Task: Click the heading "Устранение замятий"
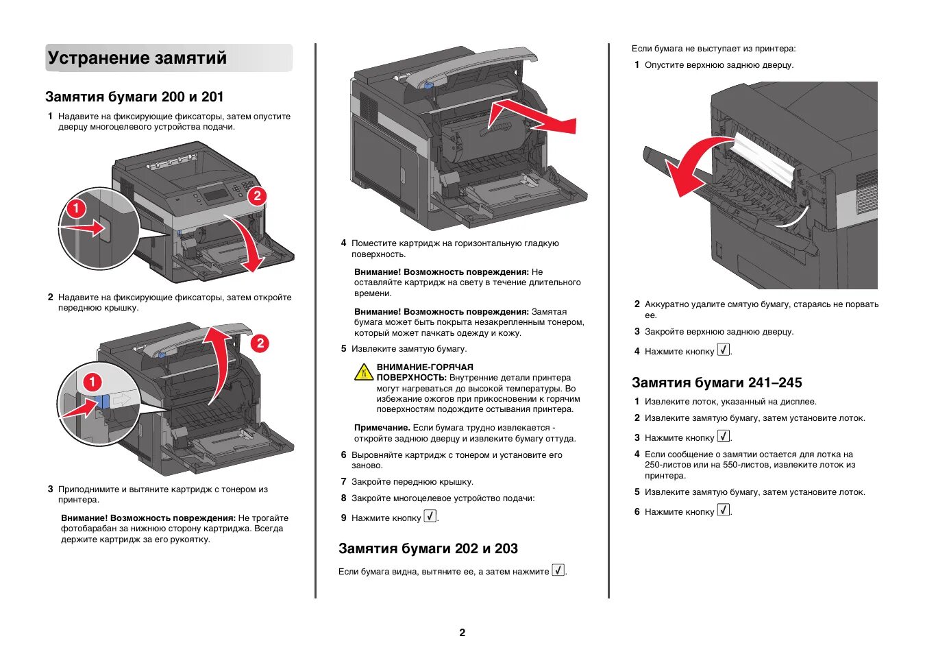click(x=137, y=58)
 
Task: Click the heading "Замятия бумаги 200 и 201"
click(x=134, y=97)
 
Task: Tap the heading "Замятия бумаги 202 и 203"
click(x=428, y=548)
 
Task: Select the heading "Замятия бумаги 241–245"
click(x=716, y=383)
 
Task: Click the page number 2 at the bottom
click(x=462, y=632)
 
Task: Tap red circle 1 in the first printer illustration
click(x=75, y=208)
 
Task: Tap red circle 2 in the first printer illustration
click(x=256, y=196)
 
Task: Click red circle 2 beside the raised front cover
click(x=260, y=343)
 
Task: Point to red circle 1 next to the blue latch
click(x=92, y=382)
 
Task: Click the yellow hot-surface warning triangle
click(x=363, y=372)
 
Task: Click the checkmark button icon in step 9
click(x=430, y=516)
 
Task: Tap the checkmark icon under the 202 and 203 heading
click(x=558, y=570)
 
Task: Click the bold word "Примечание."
click(x=382, y=428)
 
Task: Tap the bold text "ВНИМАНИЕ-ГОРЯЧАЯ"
click(x=425, y=367)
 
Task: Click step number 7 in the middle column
click(x=343, y=482)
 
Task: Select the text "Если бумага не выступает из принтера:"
click(x=713, y=49)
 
